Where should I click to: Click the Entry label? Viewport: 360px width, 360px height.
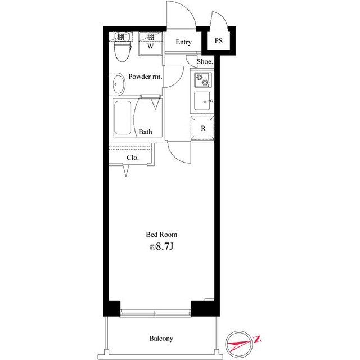pos(183,42)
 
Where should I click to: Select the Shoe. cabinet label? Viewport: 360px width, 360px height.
pos(205,62)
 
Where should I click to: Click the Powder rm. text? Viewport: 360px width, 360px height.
pos(146,76)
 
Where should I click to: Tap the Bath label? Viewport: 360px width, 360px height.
pos(146,132)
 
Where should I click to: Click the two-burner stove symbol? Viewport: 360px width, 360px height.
pos(202,80)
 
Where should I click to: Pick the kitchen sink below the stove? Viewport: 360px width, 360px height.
pos(202,102)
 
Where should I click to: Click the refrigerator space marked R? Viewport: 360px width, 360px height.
pos(203,128)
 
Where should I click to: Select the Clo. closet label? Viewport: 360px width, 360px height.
pos(133,157)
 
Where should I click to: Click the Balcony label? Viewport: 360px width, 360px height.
pos(161,339)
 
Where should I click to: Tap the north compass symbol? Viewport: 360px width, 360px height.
pos(238,341)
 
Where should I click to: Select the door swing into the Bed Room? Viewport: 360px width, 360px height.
pos(179,151)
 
